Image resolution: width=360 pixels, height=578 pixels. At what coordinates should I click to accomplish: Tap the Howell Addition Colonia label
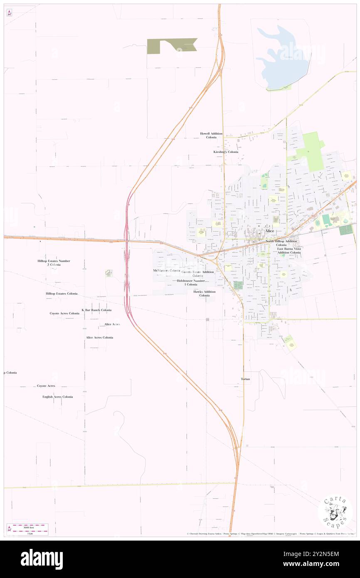pos(211,136)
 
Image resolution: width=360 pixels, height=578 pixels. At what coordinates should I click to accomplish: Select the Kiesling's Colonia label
pos(226,152)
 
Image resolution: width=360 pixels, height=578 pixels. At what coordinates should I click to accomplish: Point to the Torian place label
pos(245,379)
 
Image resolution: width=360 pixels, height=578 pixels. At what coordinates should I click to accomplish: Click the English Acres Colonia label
pos(57,397)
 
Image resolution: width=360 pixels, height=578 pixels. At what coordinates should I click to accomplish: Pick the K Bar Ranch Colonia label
pos(96,310)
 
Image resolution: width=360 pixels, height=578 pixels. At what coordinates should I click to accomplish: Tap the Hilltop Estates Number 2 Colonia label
pos(54,263)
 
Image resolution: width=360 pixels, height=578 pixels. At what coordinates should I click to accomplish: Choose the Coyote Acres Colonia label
pos(64,313)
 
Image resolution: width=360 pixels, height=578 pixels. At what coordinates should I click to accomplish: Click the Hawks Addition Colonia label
pos(205,294)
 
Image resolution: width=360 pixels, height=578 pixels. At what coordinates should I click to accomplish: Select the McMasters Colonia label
pos(166,271)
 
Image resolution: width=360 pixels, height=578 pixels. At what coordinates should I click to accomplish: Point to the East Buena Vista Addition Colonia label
pos(289,250)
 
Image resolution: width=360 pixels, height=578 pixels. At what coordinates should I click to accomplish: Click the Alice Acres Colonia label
pos(99,338)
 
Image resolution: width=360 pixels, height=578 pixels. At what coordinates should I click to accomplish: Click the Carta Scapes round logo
pos(335,512)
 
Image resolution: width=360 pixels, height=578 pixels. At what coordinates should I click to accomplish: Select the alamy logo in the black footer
pos(42,559)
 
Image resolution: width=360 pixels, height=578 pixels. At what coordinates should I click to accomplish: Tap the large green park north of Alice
pos(313,150)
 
